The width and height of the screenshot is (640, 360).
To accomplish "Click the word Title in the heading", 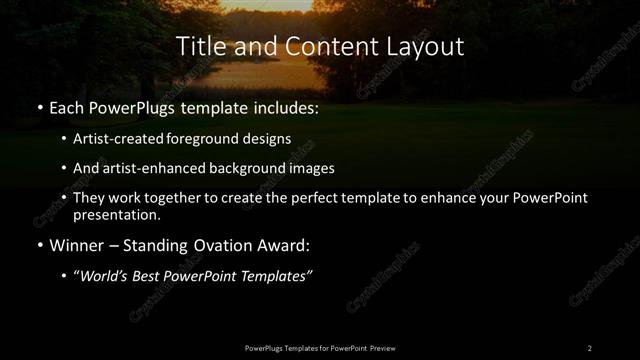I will pos(198,46).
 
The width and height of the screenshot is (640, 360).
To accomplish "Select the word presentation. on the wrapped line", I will pos(116,215).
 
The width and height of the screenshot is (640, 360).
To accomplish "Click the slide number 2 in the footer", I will pos(589,347).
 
